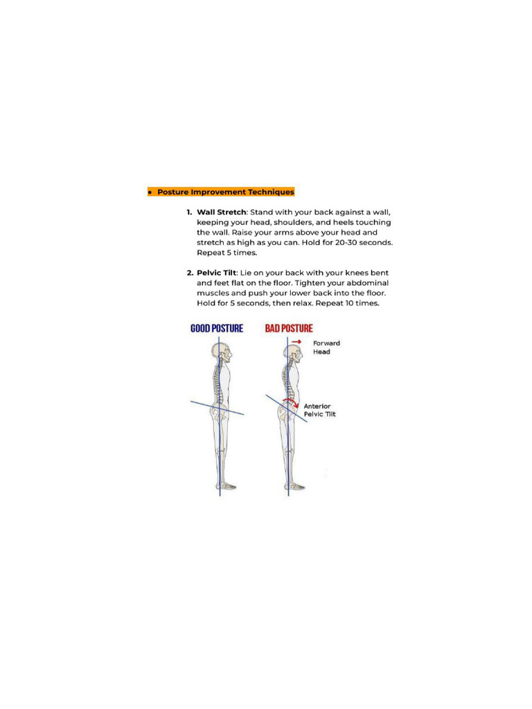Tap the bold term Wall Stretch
coord(221,213)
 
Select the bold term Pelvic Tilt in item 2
coord(216,273)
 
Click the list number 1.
coord(189,213)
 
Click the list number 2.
coord(189,273)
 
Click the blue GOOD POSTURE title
coord(217,328)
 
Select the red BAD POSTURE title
coord(289,328)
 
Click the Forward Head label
coord(326,348)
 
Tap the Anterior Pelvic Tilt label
coord(319,411)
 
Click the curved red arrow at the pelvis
coord(294,402)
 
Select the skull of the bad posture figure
coord(293,354)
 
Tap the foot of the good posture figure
coord(227,487)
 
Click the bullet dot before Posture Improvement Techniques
coord(150,192)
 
